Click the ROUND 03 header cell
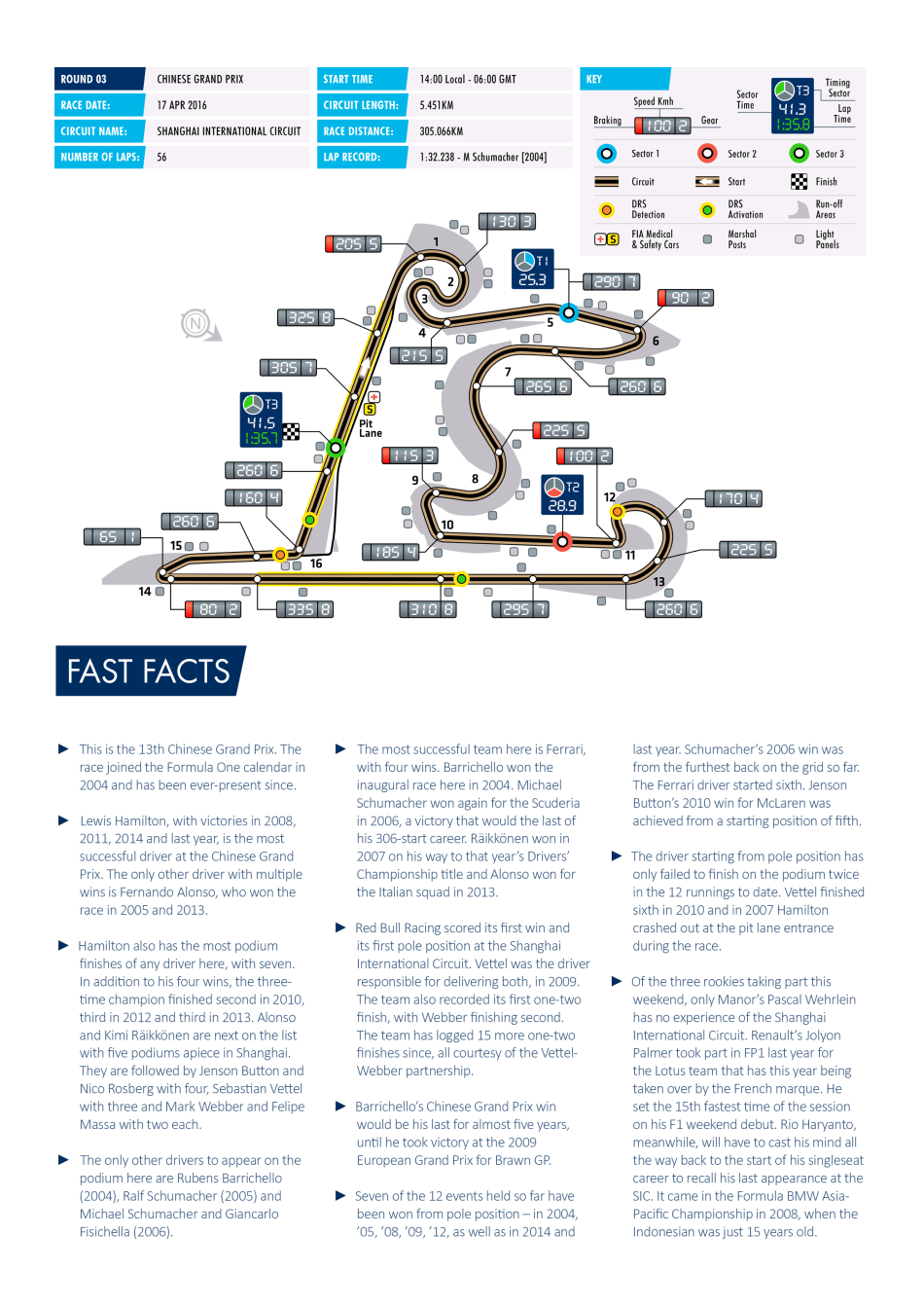coord(99,79)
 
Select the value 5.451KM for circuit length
coord(437,105)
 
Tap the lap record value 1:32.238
coord(482,157)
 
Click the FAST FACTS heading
coord(149,672)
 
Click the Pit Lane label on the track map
coord(371,428)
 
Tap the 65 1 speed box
coord(112,536)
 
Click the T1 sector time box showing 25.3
coord(532,270)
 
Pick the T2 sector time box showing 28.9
coord(561,495)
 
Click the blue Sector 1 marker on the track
coord(568,312)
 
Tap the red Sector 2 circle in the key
coord(707,154)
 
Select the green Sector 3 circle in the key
coord(799,154)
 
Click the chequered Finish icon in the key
coord(799,181)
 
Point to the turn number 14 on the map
coord(145,592)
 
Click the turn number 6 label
coord(656,342)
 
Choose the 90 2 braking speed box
coord(685,298)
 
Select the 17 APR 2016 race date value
coord(182,105)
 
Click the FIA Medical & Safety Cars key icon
coord(607,238)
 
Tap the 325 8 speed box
coord(305,317)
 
